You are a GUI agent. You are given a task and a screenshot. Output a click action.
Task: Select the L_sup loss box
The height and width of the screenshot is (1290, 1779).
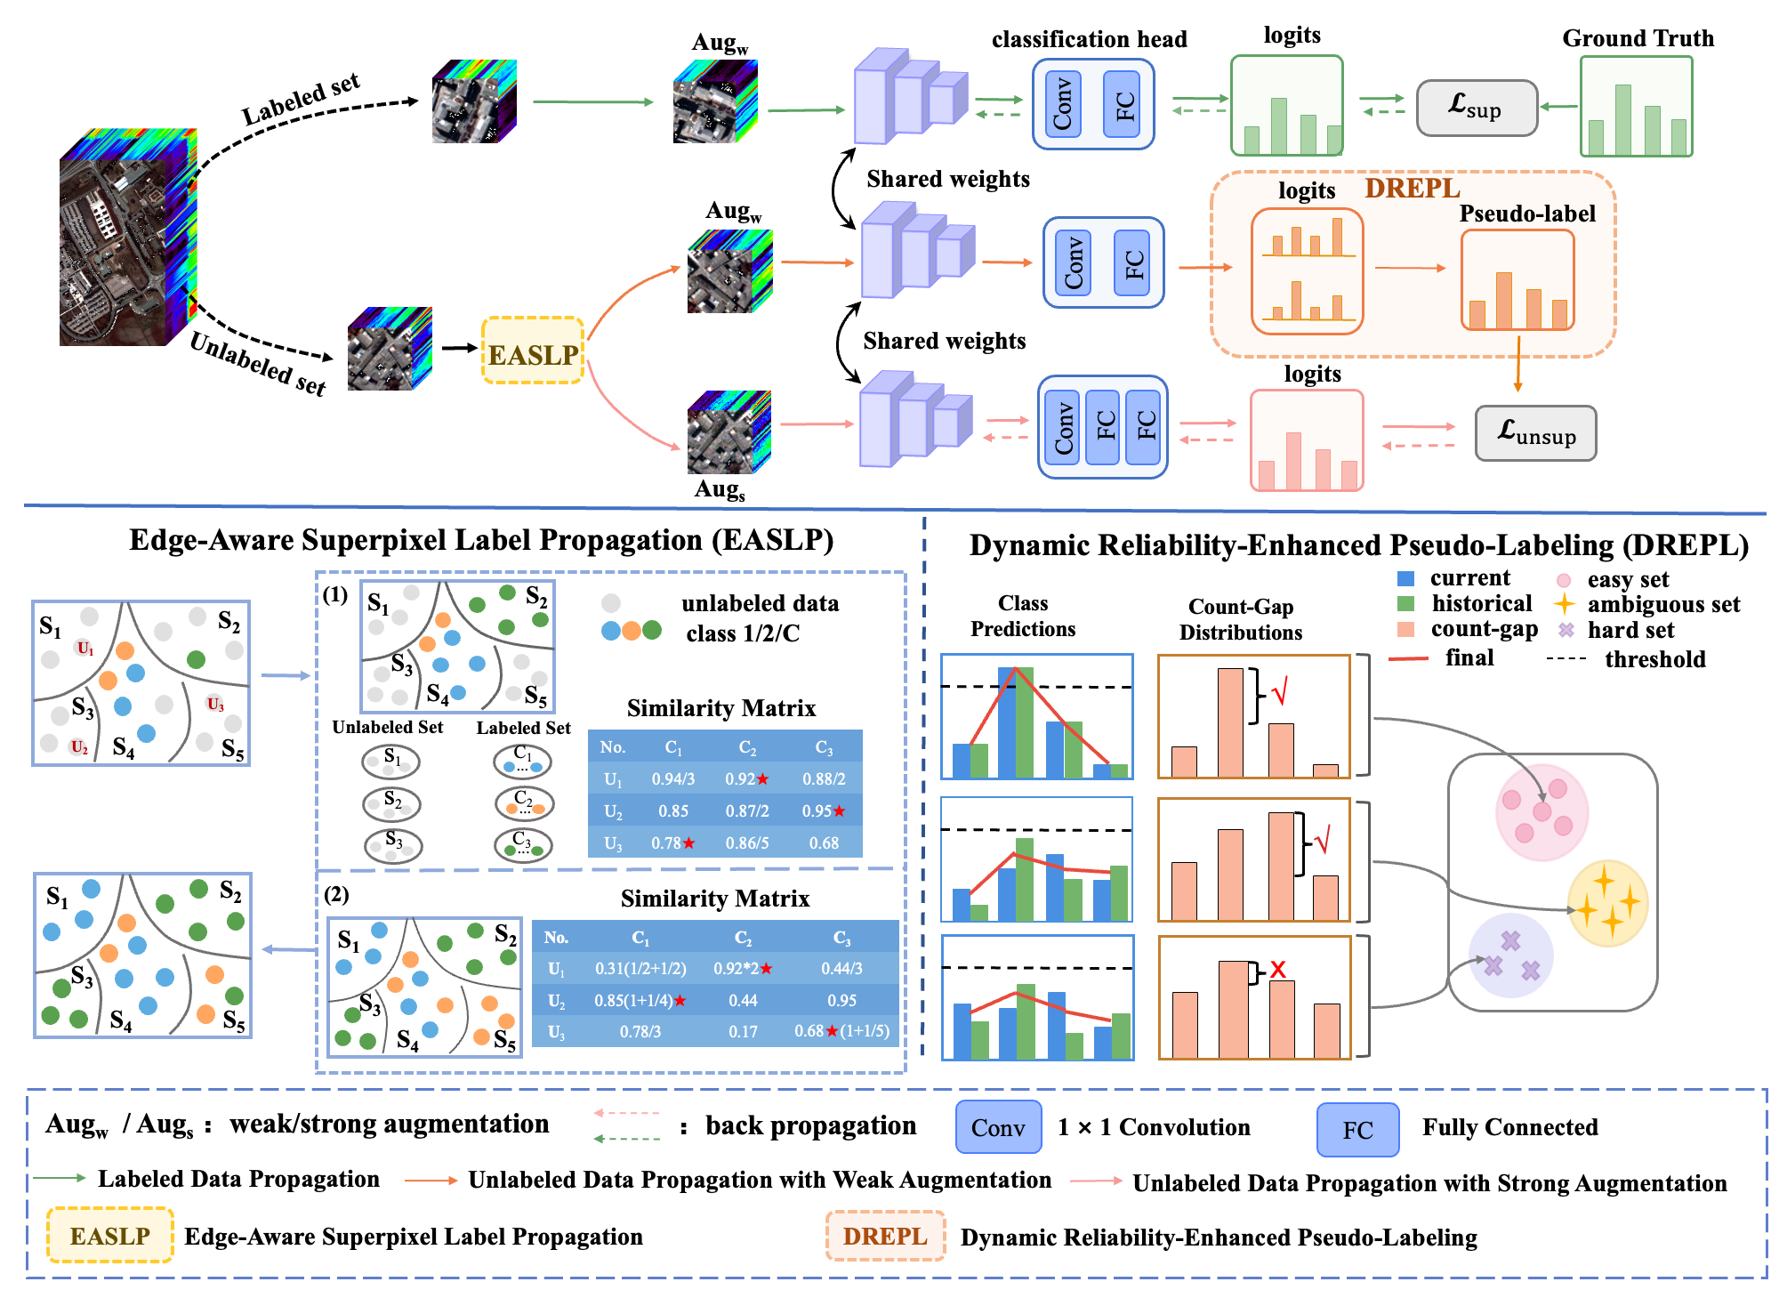[1477, 108]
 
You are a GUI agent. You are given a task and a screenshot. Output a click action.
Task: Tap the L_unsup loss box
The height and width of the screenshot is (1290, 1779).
[1535, 433]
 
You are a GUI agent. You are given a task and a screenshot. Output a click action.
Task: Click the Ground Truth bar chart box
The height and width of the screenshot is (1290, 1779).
[1636, 107]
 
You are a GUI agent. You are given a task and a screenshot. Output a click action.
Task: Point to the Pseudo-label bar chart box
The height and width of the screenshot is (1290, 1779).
[1517, 280]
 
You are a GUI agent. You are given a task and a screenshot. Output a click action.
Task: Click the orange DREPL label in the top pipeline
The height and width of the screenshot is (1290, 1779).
[1413, 189]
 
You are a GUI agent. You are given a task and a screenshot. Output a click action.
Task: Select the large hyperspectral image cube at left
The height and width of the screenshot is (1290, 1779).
[127, 238]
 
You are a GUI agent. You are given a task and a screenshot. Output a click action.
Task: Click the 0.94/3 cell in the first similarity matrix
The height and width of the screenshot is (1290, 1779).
[673, 779]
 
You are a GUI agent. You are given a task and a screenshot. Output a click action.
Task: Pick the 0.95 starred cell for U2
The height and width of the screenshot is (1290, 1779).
[824, 811]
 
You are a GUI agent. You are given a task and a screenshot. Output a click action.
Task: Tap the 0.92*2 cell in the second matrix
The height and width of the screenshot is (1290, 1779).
[743, 969]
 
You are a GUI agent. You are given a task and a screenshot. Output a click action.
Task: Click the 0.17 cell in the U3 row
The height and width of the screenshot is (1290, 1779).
[743, 1032]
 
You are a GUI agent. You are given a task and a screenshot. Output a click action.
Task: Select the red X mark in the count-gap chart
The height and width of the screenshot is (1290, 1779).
[1278, 969]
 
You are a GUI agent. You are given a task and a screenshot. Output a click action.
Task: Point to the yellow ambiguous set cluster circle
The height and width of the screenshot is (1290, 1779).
[1607, 903]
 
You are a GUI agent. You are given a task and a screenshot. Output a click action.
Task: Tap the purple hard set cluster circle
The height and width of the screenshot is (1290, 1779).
[1510, 955]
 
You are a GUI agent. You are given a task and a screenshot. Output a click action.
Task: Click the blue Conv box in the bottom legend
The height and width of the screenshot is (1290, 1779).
[998, 1128]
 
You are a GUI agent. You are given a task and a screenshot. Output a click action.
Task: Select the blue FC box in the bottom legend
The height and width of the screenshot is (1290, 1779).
[1357, 1130]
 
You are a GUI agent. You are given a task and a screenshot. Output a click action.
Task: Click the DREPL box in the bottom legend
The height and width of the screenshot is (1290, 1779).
[885, 1237]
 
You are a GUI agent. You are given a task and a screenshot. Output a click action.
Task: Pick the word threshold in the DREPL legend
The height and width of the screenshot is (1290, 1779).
[1655, 659]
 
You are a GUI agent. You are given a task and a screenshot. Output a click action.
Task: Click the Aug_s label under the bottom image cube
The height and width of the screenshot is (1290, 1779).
[720, 490]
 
